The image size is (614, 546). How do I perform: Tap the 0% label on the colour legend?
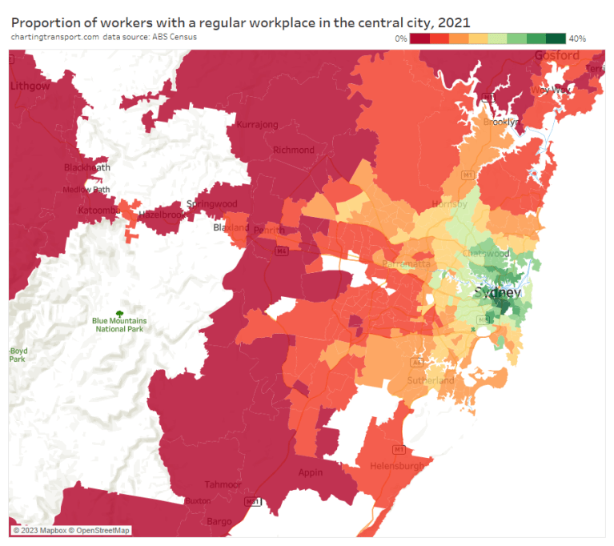click(x=400, y=38)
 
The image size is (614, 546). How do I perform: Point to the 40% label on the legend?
click(x=577, y=38)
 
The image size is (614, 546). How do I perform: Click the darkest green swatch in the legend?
click(x=556, y=38)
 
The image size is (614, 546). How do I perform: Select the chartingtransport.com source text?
click(x=54, y=37)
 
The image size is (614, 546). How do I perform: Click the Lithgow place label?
click(x=30, y=85)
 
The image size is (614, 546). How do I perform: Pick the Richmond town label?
click(x=294, y=150)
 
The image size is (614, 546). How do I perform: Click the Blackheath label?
click(x=86, y=167)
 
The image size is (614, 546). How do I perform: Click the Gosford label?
click(x=556, y=55)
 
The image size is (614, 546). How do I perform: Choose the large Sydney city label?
click(x=497, y=292)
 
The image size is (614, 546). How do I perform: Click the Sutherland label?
click(x=431, y=380)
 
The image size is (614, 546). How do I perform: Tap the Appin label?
click(x=311, y=472)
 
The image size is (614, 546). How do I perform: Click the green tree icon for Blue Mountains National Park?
click(x=119, y=313)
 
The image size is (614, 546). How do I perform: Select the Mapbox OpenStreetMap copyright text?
click(x=70, y=530)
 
